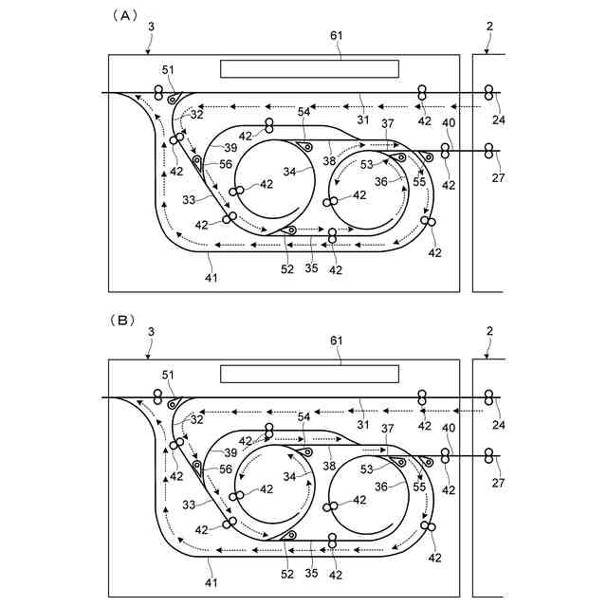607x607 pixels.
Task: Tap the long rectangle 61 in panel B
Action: tap(309, 373)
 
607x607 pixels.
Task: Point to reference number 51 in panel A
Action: tap(169, 69)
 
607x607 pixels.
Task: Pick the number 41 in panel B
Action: tap(211, 581)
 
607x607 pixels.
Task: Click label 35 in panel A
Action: tap(310, 269)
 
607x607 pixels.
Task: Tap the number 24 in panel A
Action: tap(500, 120)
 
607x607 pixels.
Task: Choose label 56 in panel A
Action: tap(225, 164)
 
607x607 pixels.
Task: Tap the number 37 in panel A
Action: tap(387, 124)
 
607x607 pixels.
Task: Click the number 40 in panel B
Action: tap(449, 429)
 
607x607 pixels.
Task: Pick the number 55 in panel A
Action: tap(418, 181)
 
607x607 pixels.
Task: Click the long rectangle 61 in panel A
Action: tap(309, 68)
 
